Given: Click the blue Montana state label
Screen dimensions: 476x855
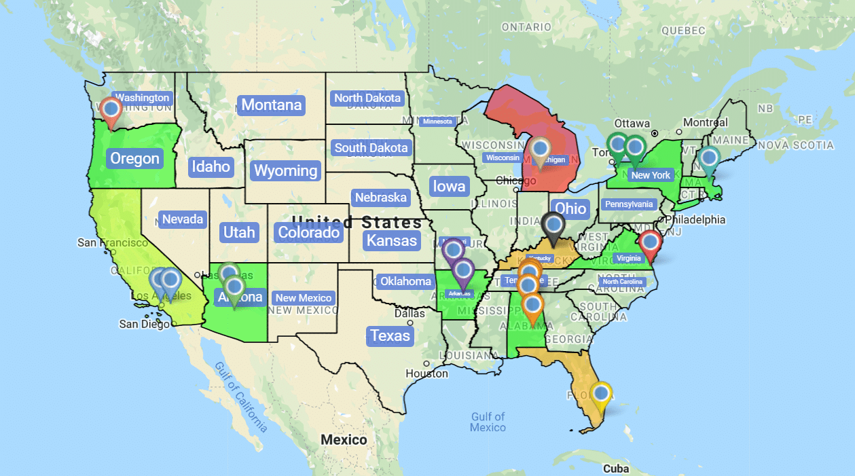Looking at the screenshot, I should pos(271,105).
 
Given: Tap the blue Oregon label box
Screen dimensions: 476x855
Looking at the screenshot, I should pos(134,159).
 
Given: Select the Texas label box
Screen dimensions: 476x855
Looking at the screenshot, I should pos(390,335).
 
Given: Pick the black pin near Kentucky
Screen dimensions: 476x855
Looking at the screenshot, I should pos(553,225).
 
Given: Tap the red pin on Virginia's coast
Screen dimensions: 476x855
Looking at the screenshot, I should pos(650,242).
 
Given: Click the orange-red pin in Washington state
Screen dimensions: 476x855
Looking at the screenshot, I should pos(111,110).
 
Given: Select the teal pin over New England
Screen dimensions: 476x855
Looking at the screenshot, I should pos(709,160).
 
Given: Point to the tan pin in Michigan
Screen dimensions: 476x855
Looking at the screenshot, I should pos(541,149).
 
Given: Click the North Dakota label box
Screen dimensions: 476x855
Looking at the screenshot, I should pos(367,98).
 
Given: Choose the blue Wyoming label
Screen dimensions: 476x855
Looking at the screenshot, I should pos(285,170).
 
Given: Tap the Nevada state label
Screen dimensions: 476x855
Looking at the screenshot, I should pos(182,219).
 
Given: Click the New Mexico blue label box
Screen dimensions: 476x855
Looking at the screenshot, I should pos(304,297).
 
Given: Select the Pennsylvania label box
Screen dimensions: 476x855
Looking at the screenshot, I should pos(628,204).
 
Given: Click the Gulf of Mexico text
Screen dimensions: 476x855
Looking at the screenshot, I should pos(488,422).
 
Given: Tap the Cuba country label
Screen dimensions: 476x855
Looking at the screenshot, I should pos(615,469).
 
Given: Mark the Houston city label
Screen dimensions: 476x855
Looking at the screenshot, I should pos(426,373).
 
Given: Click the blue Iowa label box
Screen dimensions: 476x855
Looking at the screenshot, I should pos(449,186).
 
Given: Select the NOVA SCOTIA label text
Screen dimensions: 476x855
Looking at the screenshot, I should pos(796,145).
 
